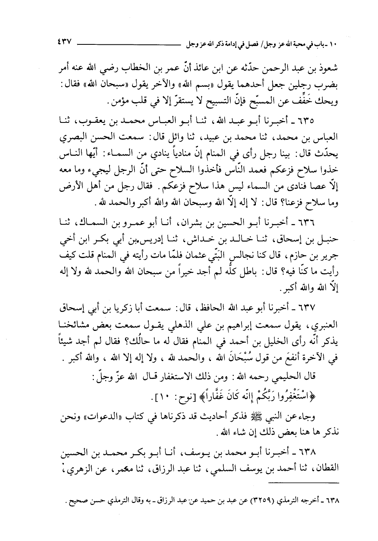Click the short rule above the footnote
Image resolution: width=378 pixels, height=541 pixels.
pos(303,482)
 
